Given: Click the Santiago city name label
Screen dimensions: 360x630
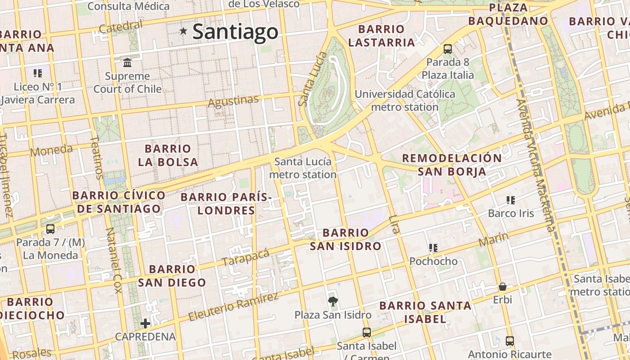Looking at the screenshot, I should pyautogui.click(x=235, y=31).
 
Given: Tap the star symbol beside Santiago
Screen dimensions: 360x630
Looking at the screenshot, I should pyautogui.click(x=183, y=31).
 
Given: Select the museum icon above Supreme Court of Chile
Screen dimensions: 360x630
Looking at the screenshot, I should pyautogui.click(x=127, y=63).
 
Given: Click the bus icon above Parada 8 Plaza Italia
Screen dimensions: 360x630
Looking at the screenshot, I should pyautogui.click(x=448, y=49).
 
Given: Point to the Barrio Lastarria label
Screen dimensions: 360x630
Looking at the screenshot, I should pyautogui.click(x=381, y=36).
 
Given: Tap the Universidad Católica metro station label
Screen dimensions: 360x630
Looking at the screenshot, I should pyautogui.click(x=405, y=101).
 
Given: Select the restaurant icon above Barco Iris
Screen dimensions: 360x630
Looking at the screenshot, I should pyautogui.click(x=510, y=200).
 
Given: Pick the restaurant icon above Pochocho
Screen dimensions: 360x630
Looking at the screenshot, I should pyautogui.click(x=433, y=248).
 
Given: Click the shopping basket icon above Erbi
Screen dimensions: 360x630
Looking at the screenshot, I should pyautogui.click(x=502, y=287).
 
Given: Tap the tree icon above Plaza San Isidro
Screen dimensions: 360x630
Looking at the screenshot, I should pyautogui.click(x=333, y=301).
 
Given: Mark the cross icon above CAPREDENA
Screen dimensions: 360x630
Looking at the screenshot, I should pyautogui.click(x=145, y=323).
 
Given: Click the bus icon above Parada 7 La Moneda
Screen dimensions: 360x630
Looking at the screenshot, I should pyautogui.click(x=50, y=229).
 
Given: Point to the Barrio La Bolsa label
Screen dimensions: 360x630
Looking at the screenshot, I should pyautogui.click(x=168, y=155).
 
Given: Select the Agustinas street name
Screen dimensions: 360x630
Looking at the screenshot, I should pyautogui.click(x=233, y=101).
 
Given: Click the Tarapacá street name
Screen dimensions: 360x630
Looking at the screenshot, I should pyautogui.click(x=246, y=257).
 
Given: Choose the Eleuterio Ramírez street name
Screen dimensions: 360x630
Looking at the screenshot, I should pyautogui.click(x=234, y=306).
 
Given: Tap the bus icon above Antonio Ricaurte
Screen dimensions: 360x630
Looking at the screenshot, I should pyautogui.click(x=509, y=341).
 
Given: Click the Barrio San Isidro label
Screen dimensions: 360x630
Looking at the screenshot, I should pyautogui.click(x=346, y=239).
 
